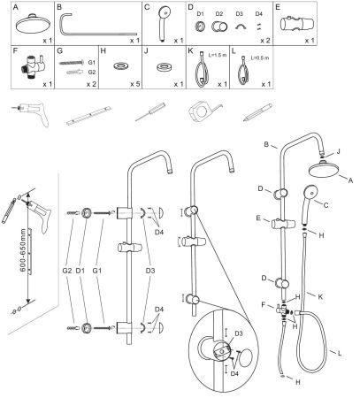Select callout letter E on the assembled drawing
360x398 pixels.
257,218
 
